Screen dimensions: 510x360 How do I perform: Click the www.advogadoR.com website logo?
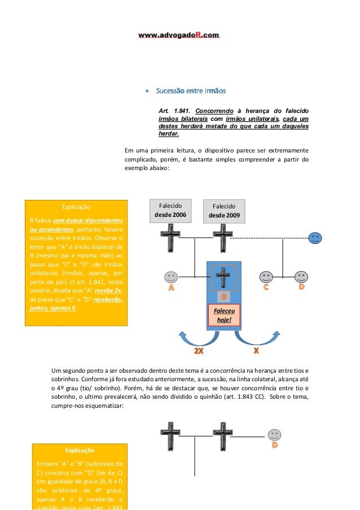(179, 35)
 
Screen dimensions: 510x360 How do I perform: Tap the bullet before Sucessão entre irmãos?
(147, 91)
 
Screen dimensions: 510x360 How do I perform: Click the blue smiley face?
(315, 238)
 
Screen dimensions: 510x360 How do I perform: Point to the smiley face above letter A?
(171, 277)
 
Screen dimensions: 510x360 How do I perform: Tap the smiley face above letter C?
(266, 277)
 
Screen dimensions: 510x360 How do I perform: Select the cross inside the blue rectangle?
(225, 277)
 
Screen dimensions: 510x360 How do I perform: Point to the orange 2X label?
(199, 351)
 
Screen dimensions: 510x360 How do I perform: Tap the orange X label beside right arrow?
(256, 351)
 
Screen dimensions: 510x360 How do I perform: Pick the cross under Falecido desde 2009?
(223, 238)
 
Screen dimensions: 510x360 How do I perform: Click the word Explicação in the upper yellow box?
(76, 207)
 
